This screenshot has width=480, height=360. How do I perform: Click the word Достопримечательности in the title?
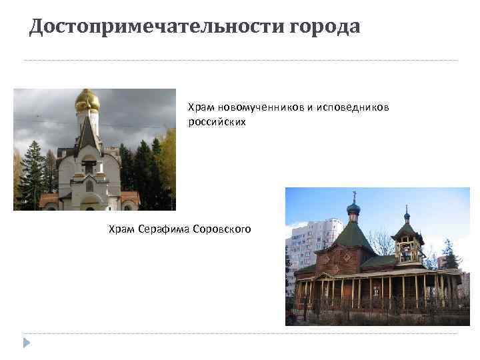[157, 27]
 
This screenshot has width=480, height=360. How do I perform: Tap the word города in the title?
[325, 27]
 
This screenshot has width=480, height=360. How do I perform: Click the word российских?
[217, 123]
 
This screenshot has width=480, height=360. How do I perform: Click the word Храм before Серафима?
[123, 229]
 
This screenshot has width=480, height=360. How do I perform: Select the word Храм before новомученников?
[201, 107]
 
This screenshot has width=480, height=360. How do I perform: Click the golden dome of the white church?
[87, 101]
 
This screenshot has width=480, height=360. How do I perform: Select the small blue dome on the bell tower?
[407, 217]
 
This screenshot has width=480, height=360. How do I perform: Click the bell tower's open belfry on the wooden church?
[407, 251]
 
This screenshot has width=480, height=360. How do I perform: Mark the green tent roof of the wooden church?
[353, 237]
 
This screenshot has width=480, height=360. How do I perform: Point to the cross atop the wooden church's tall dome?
[354, 195]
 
